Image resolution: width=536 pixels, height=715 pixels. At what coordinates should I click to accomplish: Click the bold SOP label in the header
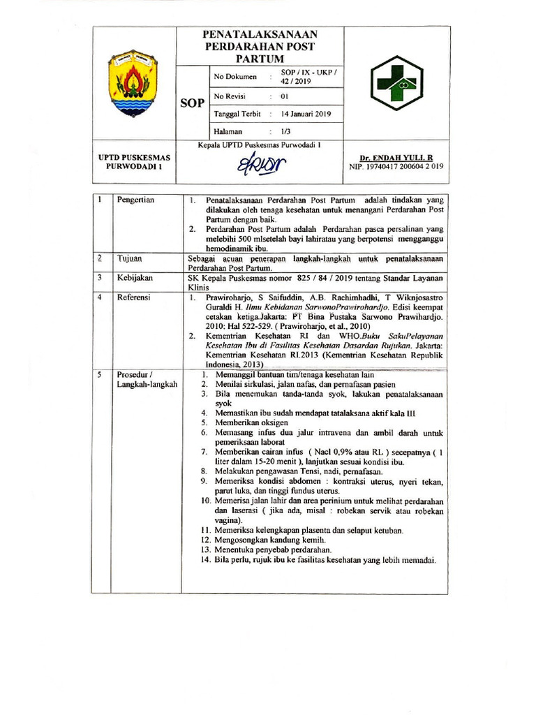192,103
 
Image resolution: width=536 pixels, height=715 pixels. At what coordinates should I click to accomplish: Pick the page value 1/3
285,131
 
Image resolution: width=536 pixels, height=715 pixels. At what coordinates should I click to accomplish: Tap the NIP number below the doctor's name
396,167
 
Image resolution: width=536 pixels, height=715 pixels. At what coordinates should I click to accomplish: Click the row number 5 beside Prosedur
100,374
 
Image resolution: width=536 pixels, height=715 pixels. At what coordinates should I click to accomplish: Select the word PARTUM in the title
257,57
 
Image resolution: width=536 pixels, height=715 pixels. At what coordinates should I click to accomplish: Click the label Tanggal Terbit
238,114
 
